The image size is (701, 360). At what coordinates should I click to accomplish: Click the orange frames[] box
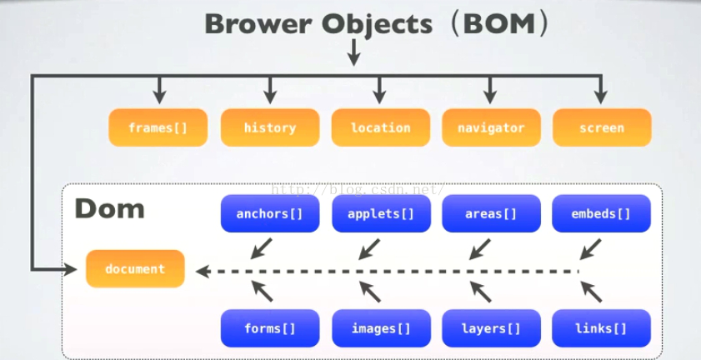tap(158, 127)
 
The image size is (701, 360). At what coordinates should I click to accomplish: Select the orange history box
tap(269, 127)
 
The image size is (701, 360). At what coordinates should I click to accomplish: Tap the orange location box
tap(380, 127)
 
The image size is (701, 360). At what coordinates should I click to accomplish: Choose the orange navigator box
tap(491, 127)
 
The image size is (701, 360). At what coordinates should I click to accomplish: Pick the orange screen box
tap(601, 127)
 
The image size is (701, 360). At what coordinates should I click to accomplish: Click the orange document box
tap(135, 269)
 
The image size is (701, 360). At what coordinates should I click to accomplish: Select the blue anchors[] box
tap(269, 214)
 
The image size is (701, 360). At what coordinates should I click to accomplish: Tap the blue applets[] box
tap(380, 214)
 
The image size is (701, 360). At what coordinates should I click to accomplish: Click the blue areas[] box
tap(491, 214)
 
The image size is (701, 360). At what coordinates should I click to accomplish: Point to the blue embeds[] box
tap(601, 214)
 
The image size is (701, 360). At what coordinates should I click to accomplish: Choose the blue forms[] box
tap(269, 328)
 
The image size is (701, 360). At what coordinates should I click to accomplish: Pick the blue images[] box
tap(380, 328)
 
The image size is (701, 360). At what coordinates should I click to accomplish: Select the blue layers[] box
tap(491, 328)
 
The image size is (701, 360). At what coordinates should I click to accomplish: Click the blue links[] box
tap(601, 328)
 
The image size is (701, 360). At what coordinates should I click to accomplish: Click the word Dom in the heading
tap(109, 208)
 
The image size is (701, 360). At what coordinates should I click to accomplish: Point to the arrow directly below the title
tap(353, 53)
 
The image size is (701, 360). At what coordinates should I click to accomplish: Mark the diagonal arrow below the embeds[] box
tap(591, 248)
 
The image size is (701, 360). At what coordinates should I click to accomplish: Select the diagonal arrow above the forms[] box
tap(262, 291)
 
